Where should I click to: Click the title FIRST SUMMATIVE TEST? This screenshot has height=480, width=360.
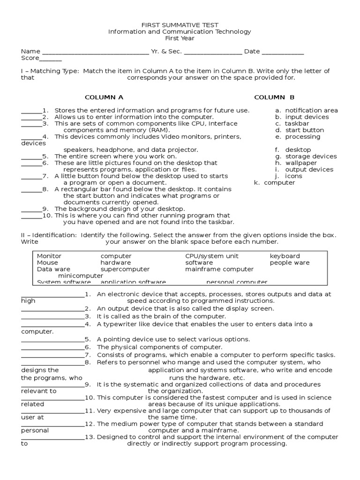[x=180, y=25]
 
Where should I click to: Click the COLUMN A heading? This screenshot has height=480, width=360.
[x=104, y=97]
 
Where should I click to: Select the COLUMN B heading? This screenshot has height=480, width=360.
[x=274, y=97]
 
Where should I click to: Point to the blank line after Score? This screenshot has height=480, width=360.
[x=50, y=59]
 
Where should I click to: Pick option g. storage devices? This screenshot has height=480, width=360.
[x=306, y=157]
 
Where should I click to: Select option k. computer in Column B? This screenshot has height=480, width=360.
[x=275, y=183]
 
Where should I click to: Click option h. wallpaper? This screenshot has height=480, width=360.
[x=297, y=163]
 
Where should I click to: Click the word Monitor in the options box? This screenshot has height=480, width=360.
[x=49, y=256]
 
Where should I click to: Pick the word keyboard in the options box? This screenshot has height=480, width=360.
[x=285, y=256]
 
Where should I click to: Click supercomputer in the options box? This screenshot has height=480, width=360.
[x=125, y=269]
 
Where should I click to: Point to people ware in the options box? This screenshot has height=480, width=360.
[x=290, y=262]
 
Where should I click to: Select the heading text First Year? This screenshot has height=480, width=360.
[x=180, y=38]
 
